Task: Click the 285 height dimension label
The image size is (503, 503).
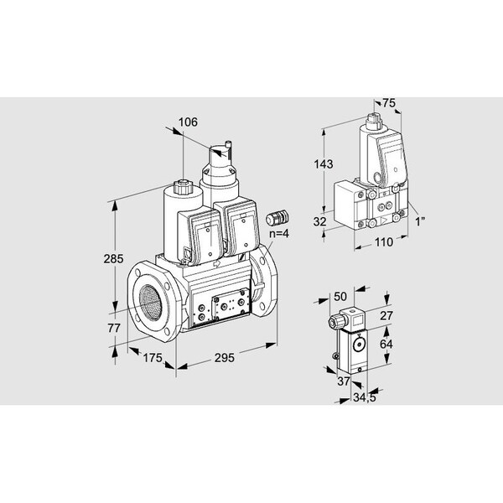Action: coord(113,258)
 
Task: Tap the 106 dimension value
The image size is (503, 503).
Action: coord(188,122)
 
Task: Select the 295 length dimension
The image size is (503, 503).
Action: coord(224,358)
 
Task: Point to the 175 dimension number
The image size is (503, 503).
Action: coord(153,358)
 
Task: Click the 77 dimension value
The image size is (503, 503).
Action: coord(114,328)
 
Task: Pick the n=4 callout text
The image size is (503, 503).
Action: coord(278,233)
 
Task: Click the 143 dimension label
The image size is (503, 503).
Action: coord(324,164)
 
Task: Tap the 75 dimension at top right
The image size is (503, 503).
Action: coord(389,103)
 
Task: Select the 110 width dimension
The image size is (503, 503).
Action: coord(384,242)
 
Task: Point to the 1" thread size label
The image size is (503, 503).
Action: coord(420,221)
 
